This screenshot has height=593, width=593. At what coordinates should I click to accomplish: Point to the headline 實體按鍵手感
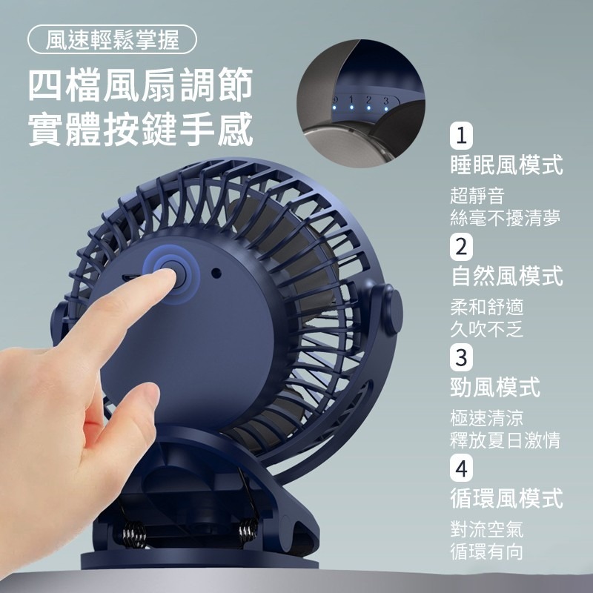141,129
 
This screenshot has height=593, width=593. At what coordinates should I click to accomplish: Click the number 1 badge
462,136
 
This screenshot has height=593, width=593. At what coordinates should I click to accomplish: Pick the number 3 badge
462,357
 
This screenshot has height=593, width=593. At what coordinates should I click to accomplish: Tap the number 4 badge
462,468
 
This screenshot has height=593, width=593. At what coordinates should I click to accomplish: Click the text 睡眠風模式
506,165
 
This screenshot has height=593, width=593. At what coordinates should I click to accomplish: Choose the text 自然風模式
506,276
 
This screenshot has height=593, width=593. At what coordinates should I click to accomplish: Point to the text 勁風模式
495,386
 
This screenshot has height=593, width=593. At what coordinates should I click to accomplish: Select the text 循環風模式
506,497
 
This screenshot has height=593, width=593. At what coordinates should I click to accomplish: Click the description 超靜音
477,196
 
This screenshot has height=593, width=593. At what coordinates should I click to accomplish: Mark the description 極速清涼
487,417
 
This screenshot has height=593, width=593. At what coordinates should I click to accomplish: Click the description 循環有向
487,551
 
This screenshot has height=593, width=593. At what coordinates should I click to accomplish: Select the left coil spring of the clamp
135,532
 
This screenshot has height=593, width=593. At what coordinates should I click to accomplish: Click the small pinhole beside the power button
215,272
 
